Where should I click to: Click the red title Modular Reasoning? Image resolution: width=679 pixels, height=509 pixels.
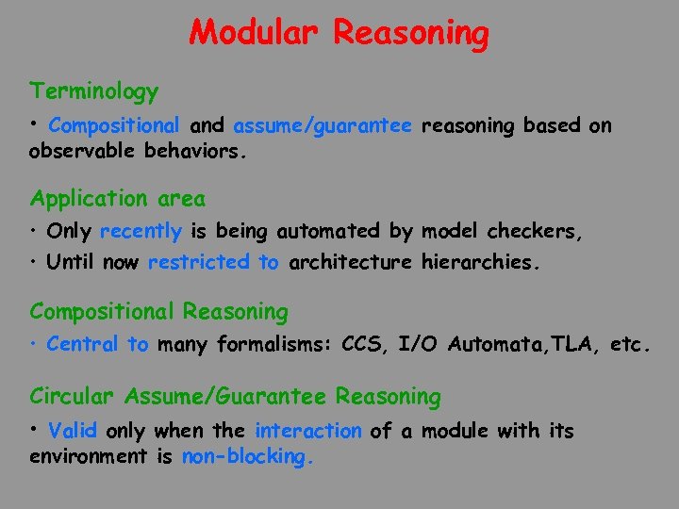point(339,33)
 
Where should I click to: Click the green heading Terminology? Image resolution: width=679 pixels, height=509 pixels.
point(94,92)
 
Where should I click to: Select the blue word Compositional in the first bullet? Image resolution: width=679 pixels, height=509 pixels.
point(113,126)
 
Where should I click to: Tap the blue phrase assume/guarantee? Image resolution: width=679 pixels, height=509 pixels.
point(323,126)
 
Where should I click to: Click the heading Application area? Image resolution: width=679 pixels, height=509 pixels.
point(117,199)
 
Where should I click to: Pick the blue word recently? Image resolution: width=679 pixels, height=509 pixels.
point(141,231)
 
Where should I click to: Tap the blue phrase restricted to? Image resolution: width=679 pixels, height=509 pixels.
point(213,263)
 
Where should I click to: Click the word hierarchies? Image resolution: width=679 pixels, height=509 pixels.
point(482,263)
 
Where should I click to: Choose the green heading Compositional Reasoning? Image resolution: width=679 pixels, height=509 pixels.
point(158,311)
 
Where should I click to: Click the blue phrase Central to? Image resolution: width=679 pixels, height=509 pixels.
point(97,345)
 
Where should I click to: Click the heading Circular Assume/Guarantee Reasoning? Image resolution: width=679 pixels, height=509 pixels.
point(235,398)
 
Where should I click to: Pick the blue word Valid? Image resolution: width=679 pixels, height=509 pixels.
point(73,432)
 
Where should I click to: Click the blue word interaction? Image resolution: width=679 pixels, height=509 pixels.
point(308,432)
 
